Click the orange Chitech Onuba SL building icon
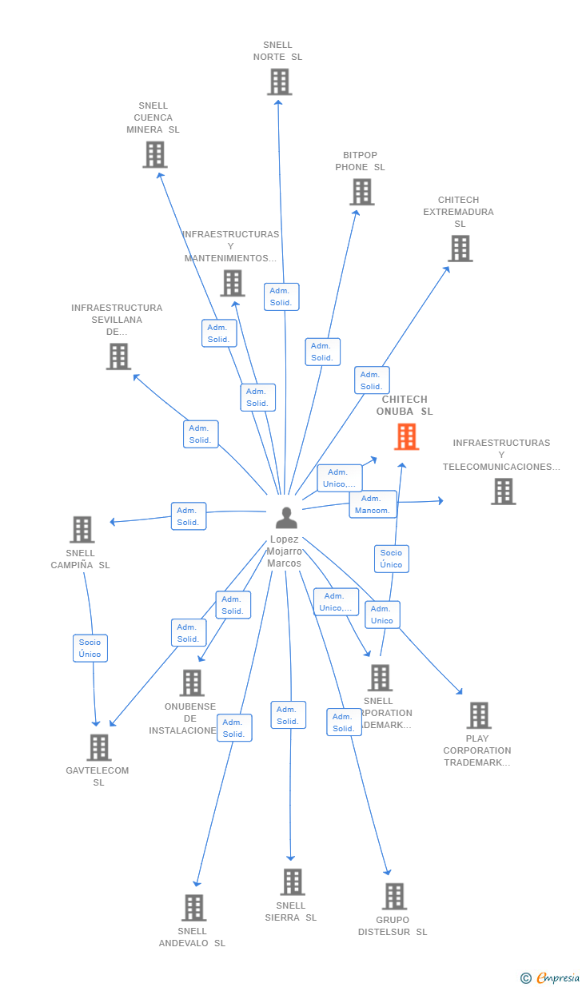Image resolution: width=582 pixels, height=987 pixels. pyautogui.click(x=406, y=437)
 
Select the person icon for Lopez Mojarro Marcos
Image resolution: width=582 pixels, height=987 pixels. pyautogui.click(x=286, y=518)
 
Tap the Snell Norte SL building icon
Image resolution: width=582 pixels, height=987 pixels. pyautogui.click(x=279, y=82)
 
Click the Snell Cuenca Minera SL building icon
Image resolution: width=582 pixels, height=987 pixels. pyautogui.click(x=154, y=154)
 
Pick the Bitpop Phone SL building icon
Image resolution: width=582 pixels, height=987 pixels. pyautogui.click(x=361, y=193)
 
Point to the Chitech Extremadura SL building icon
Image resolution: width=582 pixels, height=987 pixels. pyautogui.click(x=460, y=249)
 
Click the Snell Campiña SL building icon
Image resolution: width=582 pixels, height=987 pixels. pyautogui.click(x=82, y=529)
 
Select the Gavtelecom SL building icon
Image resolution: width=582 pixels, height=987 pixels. pyautogui.click(x=98, y=747)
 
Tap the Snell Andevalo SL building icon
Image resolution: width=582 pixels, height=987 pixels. pyautogui.click(x=193, y=908)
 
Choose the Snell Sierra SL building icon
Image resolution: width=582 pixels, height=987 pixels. pyautogui.click(x=292, y=882)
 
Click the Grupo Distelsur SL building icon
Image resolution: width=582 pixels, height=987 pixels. pyautogui.click(x=393, y=897)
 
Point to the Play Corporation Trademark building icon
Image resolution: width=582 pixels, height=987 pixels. pyautogui.click(x=478, y=715)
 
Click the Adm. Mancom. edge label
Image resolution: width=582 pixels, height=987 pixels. pyautogui.click(x=373, y=504)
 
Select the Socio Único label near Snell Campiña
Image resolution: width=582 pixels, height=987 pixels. pyautogui.click(x=90, y=648)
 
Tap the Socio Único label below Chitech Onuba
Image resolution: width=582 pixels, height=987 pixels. pyautogui.click(x=391, y=559)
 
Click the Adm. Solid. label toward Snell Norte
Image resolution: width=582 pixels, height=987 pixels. pyautogui.click(x=281, y=296)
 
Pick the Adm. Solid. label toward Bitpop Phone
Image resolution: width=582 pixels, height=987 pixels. pyautogui.click(x=322, y=352)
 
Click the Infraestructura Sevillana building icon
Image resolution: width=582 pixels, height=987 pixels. pyautogui.click(x=118, y=356)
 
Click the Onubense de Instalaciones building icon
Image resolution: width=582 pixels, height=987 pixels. pyautogui.click(x=192, y=683)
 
